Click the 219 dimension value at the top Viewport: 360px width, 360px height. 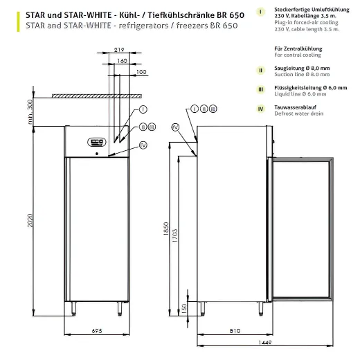pos(119,51)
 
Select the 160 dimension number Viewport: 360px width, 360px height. pos(121,61)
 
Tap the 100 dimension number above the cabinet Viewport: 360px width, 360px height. pos(141,72)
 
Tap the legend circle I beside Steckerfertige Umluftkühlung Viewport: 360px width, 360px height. pos(260,12)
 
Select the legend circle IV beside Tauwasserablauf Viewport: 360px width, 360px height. pos(260,107)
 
